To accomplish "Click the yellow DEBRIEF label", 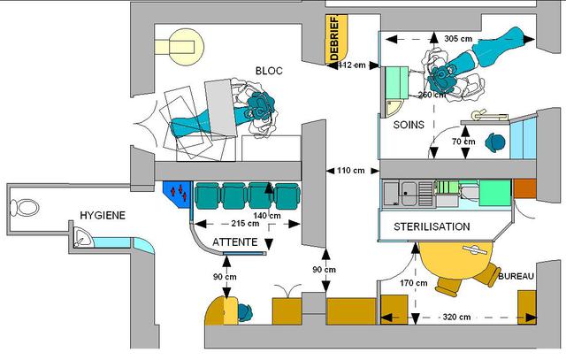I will tap(334, 37).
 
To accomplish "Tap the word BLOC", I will tap(270, 71).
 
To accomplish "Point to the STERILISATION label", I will tap(431, 226).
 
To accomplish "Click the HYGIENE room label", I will tap(103, 215).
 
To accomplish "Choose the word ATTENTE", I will tap(234, 241).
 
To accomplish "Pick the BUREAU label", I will tap(516, 277).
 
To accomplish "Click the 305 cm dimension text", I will tap(458, 39).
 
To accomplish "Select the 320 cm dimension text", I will tap(457, 317).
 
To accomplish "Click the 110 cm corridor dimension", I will tap(341, 169).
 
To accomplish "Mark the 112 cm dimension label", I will tap(353, 65).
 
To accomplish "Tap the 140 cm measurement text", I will tap(266, 215).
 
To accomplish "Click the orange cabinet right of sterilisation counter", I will tap(525, 188).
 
